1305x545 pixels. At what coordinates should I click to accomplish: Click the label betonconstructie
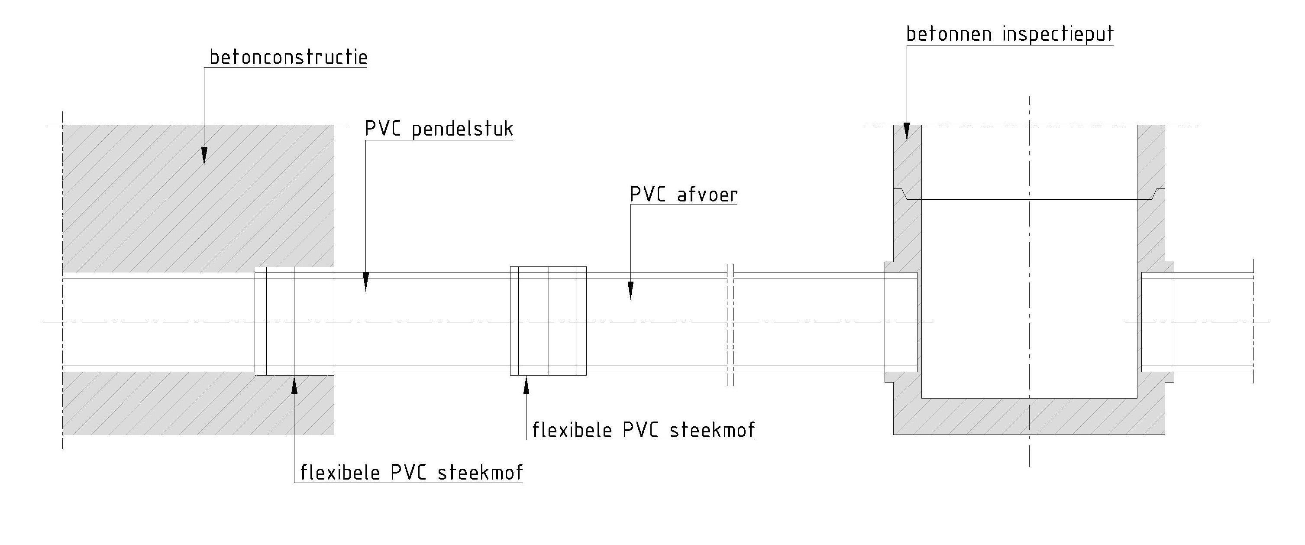[288, 58]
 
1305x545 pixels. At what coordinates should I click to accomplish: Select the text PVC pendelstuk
[439, 129]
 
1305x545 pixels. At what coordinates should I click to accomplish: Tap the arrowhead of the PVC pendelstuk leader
[366, 281]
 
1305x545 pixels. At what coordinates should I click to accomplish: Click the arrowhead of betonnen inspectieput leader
[907, 132]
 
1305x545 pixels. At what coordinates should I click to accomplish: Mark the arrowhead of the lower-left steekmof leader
[294, 384]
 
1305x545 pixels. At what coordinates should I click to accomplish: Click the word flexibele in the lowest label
[340, 473]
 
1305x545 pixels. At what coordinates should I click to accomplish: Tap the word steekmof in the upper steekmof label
[712, 430]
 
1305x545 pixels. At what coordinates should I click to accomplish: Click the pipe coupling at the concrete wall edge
[294, 321]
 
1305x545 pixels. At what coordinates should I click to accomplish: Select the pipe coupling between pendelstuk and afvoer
[548, 321]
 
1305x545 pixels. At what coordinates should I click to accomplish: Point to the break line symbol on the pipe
[730, 324]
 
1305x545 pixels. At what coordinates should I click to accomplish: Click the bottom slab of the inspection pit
[1028, 416]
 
